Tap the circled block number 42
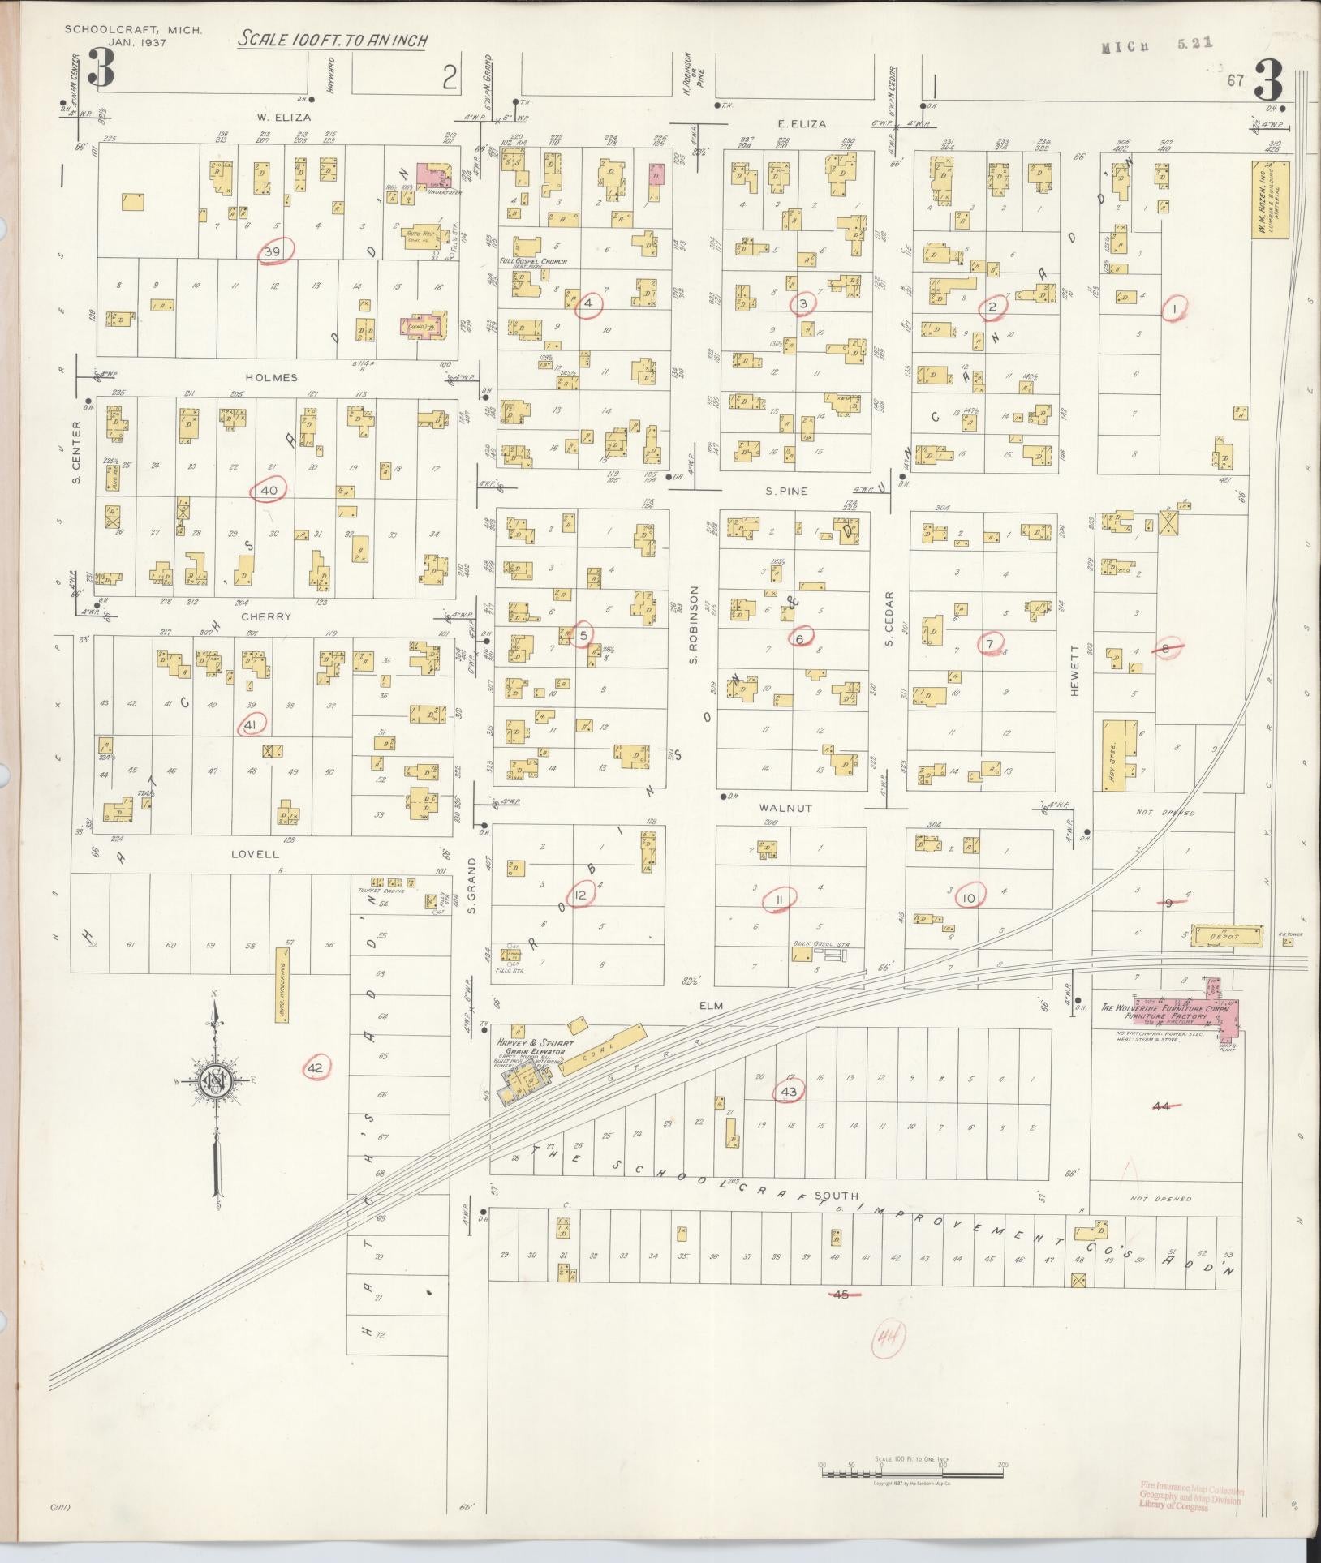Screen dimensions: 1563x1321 [316, 1068]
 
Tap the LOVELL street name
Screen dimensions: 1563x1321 [255, 854]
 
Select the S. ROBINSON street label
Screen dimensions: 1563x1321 [695, 624]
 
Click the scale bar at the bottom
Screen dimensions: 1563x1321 [912, 1466]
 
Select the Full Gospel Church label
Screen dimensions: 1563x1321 [533, 261]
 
